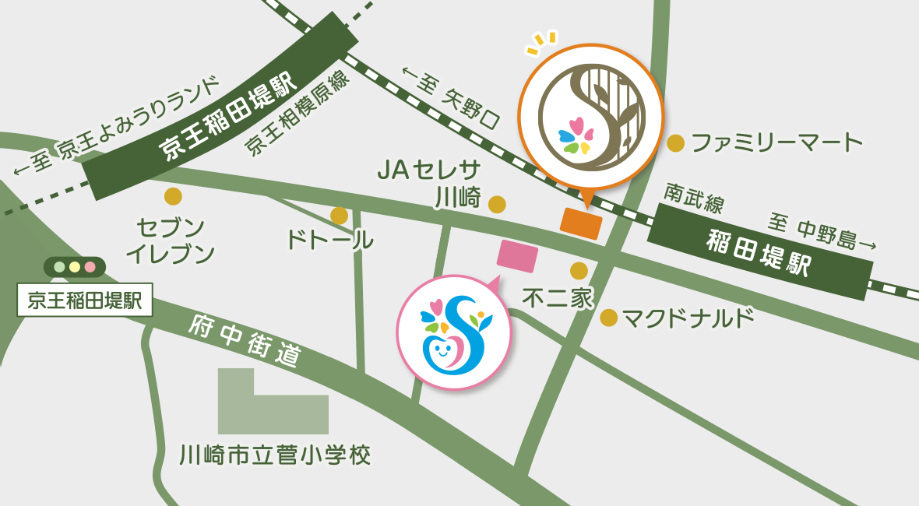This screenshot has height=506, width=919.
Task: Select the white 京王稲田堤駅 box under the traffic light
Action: point(85,300)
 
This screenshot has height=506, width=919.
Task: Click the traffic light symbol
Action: point(75,267)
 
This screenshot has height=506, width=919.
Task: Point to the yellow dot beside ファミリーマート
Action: point(676,142)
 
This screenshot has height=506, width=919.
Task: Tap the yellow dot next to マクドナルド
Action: point(609,318)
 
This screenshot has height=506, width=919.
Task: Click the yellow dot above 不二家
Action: point(579,270)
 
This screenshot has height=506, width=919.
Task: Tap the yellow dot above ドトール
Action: point(339,215)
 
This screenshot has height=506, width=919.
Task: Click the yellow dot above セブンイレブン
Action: point(173,196)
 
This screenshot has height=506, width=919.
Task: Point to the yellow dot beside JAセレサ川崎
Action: point(497,205)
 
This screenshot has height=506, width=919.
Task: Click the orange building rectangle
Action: point(581,224)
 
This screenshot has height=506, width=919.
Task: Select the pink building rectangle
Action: point(518,255)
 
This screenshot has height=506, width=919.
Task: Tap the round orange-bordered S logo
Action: point(590,117)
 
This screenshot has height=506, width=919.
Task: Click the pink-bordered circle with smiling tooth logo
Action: point(454,332)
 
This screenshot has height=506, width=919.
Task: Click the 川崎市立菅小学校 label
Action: point(274,455)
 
